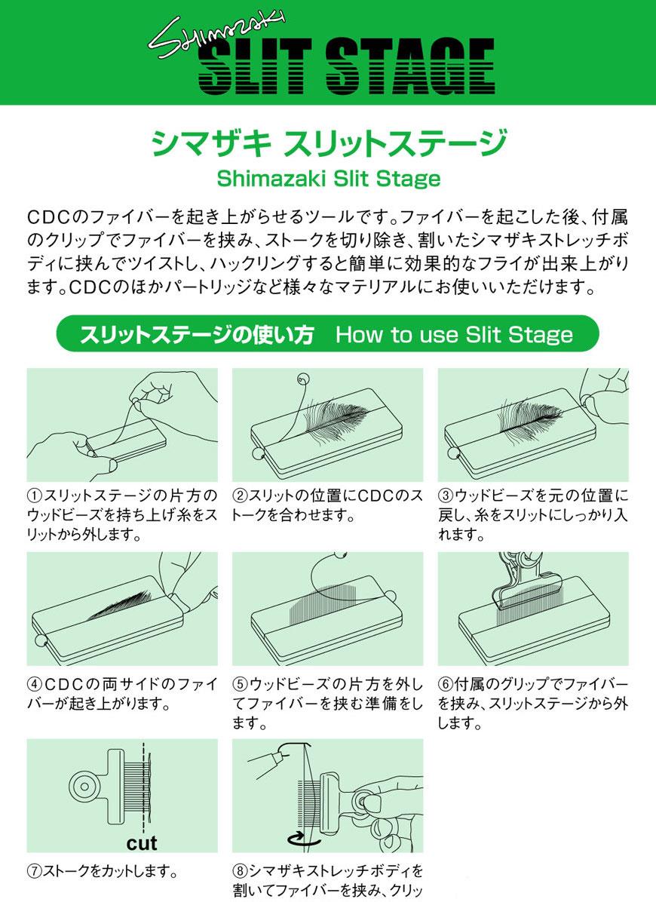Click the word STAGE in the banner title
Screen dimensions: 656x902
410,66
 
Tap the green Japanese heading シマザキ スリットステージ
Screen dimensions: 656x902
328,143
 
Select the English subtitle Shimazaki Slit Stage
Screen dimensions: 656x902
328,178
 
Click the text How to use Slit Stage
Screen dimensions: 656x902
454,334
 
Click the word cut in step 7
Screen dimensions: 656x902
142,843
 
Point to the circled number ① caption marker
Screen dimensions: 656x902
35,495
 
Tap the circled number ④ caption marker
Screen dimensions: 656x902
35,685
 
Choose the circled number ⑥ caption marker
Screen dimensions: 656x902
446,685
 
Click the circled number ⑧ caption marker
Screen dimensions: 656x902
241,871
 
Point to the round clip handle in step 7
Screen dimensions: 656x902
85,787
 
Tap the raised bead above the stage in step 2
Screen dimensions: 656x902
303,379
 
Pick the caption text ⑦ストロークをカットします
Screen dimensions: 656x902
103,871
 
